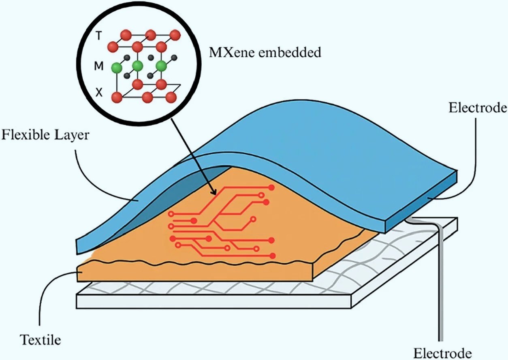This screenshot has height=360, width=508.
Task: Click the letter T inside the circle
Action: pos(98,36)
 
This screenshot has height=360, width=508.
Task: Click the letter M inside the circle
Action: pos(99,66)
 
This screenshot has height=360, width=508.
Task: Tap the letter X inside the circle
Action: pos(99,93)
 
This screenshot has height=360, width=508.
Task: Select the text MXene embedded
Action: pos(264,52)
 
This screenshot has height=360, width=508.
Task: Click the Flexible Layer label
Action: pos(45,135)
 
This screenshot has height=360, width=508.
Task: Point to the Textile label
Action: pos(41,339)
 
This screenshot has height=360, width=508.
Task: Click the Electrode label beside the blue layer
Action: pos(478,108)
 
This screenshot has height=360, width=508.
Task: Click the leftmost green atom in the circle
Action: pos(117,67)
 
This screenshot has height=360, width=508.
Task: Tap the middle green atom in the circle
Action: pos(137,66)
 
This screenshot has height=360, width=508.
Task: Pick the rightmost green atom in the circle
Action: pos(161,66)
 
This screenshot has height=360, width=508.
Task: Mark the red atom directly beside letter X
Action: pos(117,97)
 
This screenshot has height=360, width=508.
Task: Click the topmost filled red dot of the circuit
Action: pos(271,187)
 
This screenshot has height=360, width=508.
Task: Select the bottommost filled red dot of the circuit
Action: pos(273,256)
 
